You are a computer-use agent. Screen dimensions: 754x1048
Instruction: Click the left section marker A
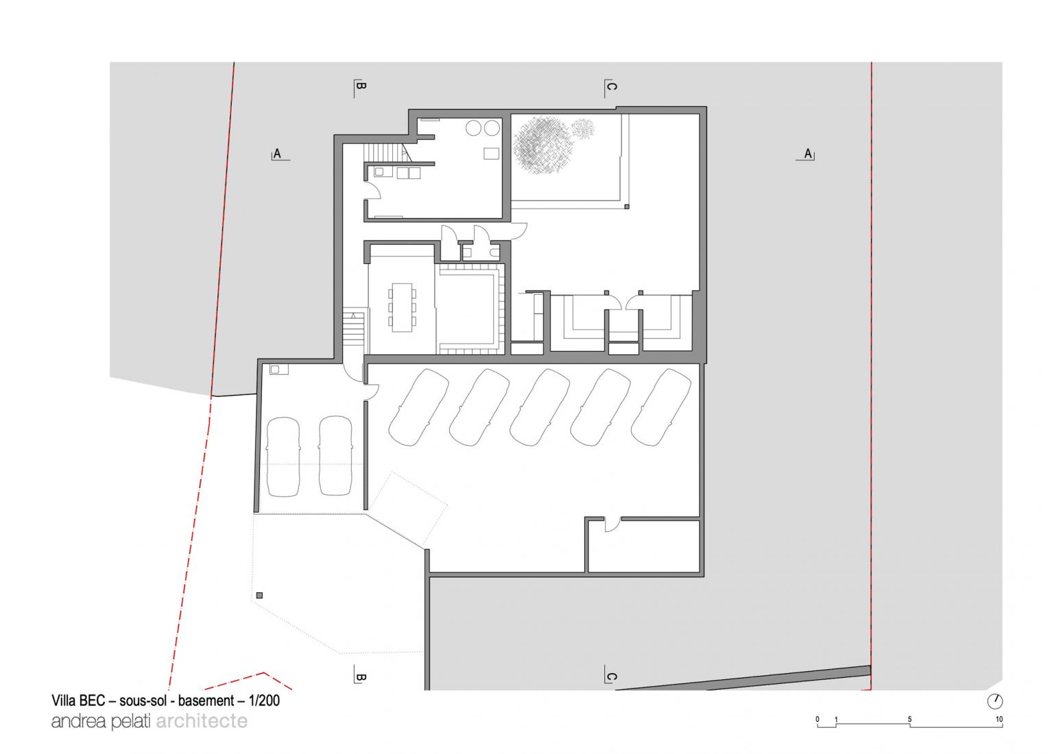277,154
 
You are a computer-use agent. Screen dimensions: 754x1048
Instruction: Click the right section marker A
808,154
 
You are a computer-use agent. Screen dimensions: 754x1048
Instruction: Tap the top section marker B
361,87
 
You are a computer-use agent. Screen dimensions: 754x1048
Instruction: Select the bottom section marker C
611,677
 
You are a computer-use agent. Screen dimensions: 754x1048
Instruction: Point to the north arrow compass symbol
995,701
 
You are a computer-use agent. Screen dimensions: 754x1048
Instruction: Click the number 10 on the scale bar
999,720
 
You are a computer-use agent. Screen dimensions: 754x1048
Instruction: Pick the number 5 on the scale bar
909,720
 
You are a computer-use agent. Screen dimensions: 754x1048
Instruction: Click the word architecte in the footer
202,721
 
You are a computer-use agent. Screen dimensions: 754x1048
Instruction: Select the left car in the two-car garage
283,456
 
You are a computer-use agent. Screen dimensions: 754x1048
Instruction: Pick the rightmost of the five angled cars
660,407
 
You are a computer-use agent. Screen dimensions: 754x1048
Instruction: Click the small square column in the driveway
259,596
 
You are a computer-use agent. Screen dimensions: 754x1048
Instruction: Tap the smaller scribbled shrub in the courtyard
583,127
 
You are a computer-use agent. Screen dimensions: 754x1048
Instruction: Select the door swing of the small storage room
612,524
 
